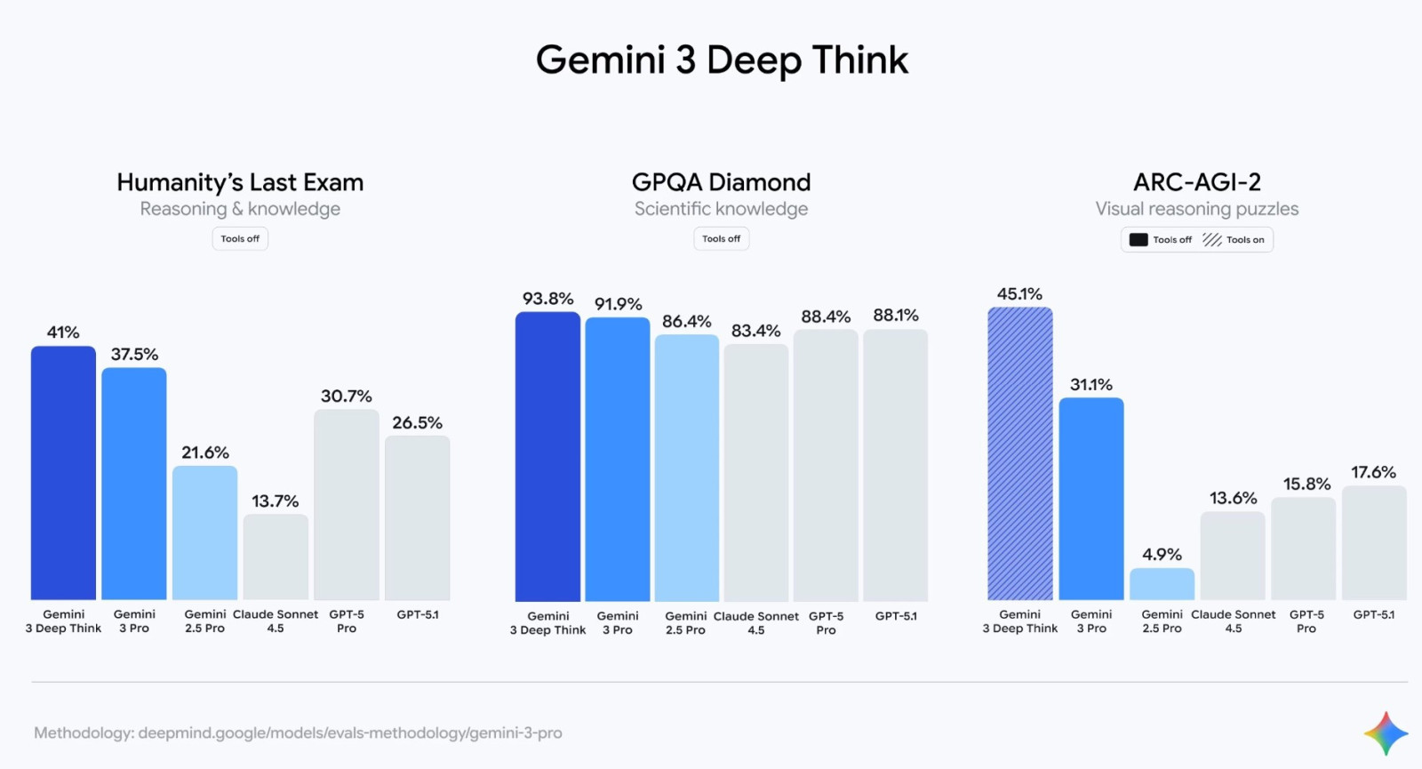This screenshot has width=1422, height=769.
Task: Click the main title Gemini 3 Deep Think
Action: click(722, 60)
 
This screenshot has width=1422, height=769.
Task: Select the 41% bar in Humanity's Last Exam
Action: click(63, 473)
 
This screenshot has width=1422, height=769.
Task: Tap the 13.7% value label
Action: click(275, 501)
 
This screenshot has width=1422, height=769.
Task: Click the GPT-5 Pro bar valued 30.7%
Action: click(347, 505)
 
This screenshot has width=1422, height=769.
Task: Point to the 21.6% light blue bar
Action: click(204, 533)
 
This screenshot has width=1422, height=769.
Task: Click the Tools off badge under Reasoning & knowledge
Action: click(240, 239)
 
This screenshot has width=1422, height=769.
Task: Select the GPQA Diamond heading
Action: click(721, 182)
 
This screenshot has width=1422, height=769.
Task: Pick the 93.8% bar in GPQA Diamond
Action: click(547, 457)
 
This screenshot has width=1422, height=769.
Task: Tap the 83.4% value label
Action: click(755, 331)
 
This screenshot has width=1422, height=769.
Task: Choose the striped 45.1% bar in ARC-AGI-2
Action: click(1019, 453)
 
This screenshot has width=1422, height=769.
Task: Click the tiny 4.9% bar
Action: click(1162, 584)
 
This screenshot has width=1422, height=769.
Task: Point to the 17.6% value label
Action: click(1373, 472)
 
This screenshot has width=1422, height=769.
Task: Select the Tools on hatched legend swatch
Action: click(1212, 240)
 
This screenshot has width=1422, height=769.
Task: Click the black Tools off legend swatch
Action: click(1138, 240)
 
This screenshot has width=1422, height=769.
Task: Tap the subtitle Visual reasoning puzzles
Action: click(1196, 209)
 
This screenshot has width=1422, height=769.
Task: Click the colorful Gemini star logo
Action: click(1386, 733)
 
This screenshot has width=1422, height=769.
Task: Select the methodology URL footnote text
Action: click(298, 733)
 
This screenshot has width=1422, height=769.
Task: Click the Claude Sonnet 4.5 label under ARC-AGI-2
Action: click(1233, 621)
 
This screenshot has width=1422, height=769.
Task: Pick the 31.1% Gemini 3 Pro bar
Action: click(1090, 499)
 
